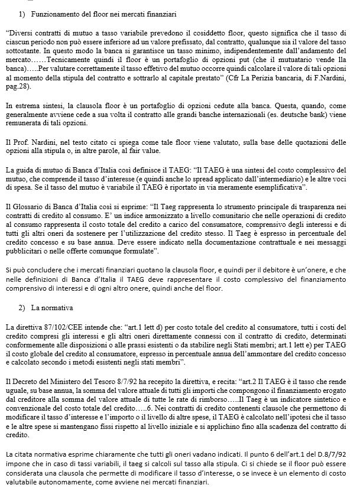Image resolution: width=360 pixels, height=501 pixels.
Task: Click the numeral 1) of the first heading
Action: pos(22,13)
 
